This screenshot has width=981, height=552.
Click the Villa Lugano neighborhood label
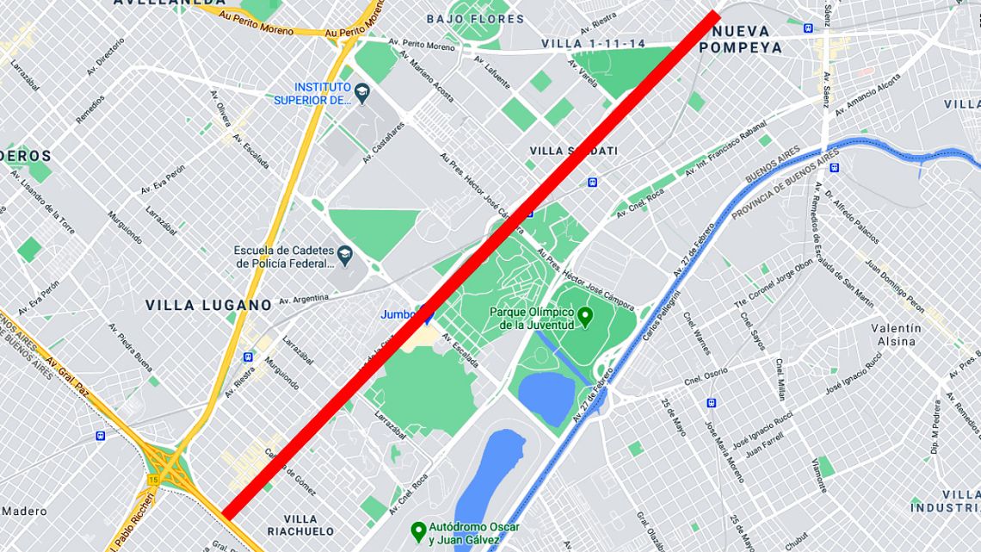tap(208, 305)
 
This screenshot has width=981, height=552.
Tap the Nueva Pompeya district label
tap(741, 40)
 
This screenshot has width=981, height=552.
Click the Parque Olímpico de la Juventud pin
tap(585, 318)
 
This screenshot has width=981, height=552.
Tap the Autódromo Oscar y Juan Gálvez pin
tap(418, 528)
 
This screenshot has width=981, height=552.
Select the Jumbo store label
tap(397, 315)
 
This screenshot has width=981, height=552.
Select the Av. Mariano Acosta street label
tap(426, 76)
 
